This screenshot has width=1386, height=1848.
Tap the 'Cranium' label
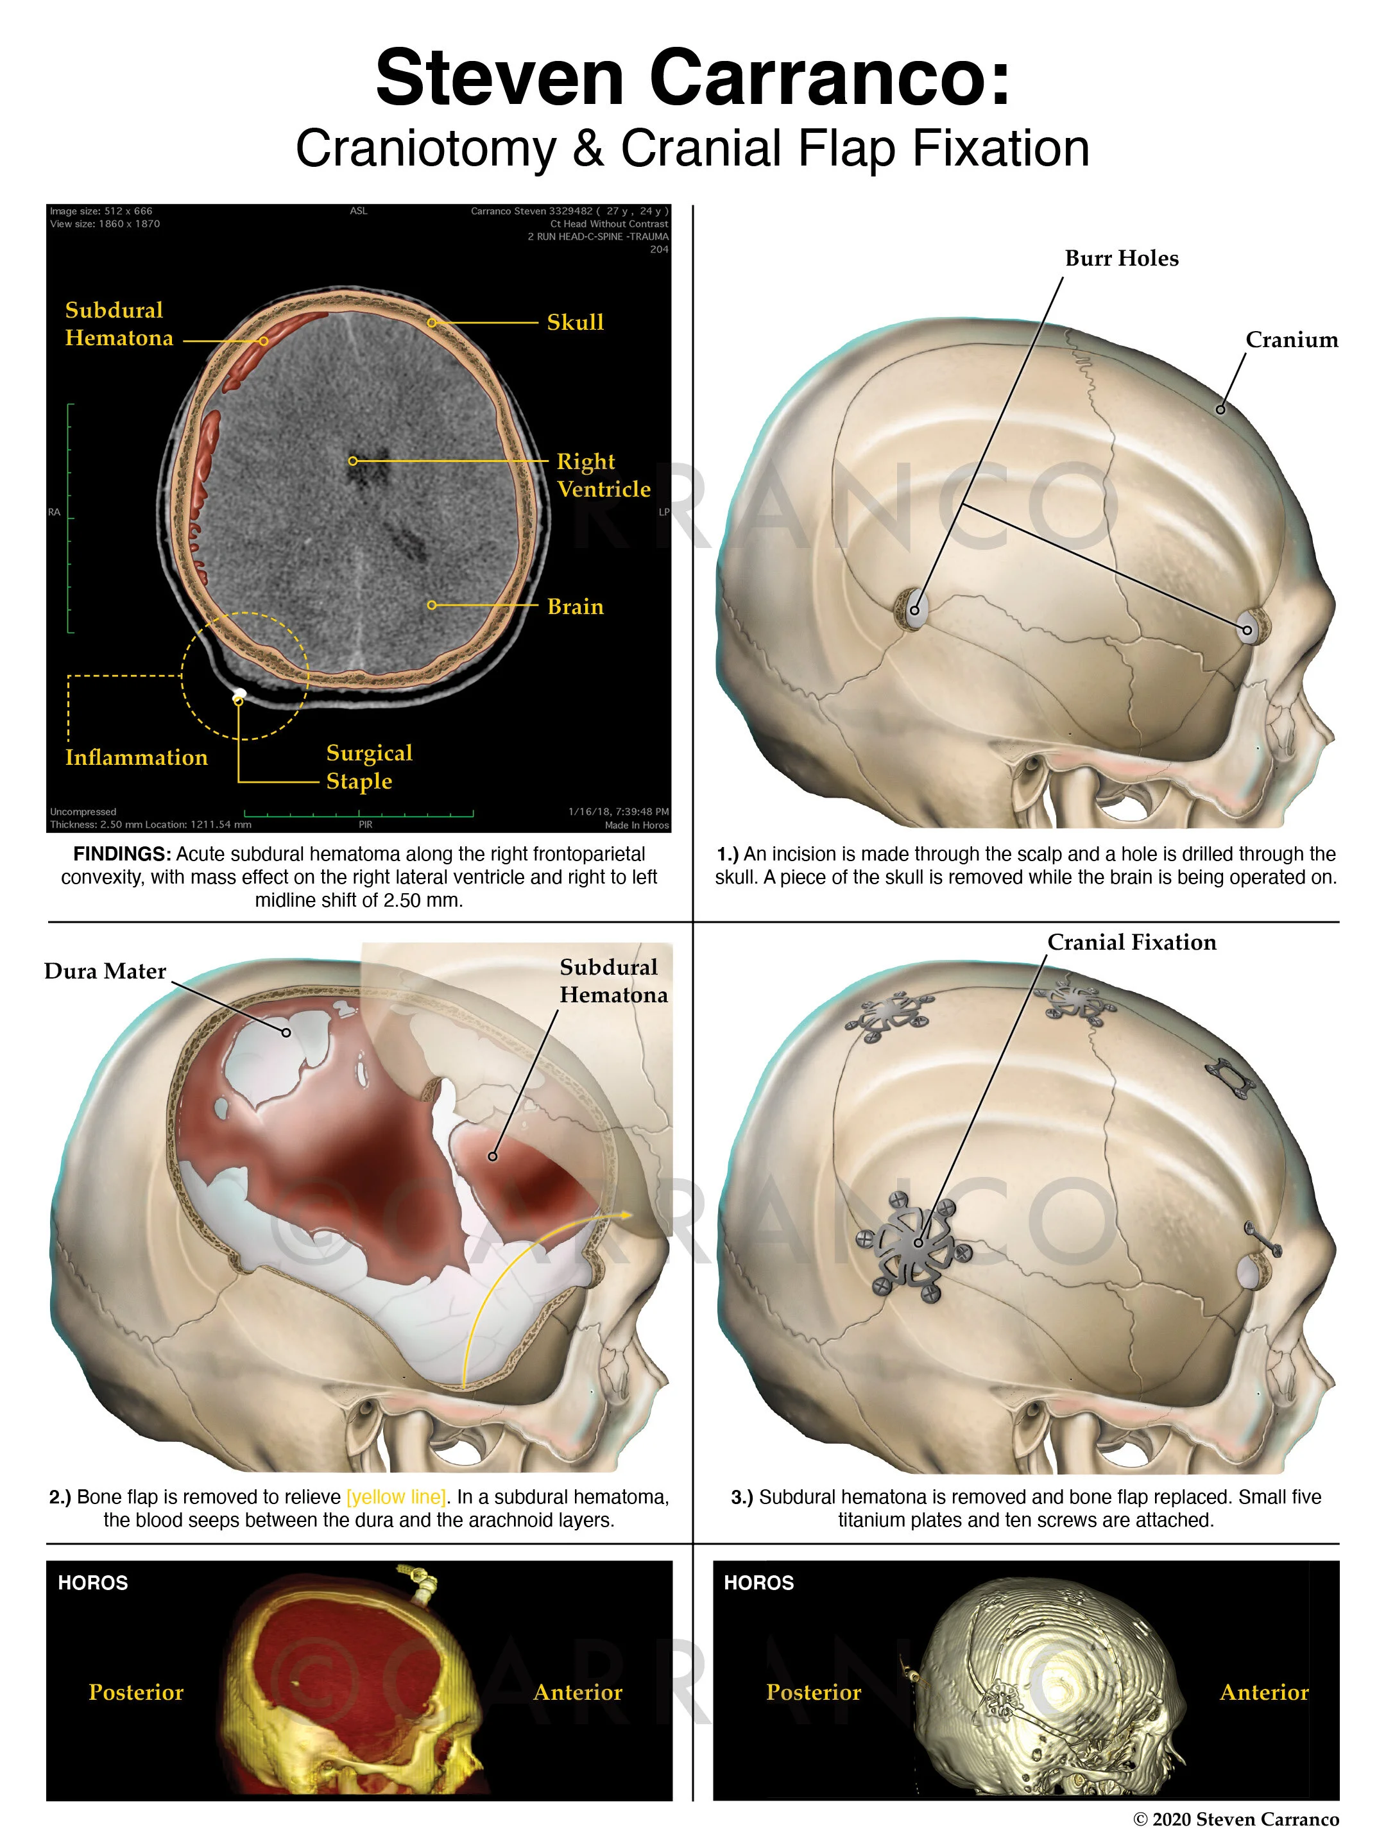click(1291, 339)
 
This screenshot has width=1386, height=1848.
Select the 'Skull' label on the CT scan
click(575, 323)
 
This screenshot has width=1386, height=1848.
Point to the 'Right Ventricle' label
click(603, 475)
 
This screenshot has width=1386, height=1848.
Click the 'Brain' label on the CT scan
click(575, 606)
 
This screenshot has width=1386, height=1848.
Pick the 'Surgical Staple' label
click(369, 766)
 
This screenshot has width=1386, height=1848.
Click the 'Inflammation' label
click(136, 757)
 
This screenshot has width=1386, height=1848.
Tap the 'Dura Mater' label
click(105, 971)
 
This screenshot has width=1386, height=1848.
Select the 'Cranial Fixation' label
click(1131, 943)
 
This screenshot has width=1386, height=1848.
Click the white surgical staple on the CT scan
click(240, 692)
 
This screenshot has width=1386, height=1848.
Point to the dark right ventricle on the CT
click(366, 473)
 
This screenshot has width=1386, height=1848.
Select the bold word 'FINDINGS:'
click(122, 854)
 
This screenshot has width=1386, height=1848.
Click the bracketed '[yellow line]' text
click(396, 1496)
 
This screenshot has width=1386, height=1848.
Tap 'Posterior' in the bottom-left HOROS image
click(136, 1692)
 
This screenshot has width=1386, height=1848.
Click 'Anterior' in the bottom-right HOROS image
click(1263, 1692)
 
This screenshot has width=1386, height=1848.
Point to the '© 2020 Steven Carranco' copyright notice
click(1236, 1820)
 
